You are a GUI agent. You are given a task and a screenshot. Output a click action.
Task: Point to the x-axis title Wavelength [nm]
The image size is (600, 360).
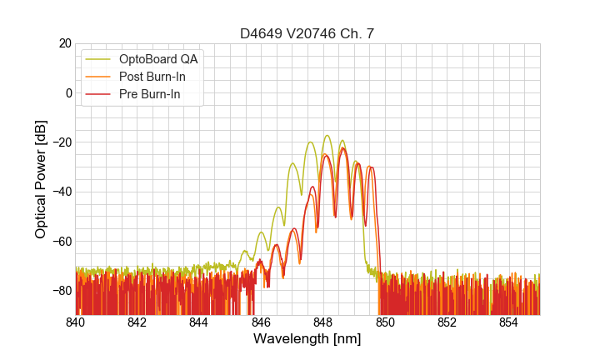tap(307, 339)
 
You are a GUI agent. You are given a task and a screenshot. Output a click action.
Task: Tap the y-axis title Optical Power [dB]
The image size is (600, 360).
tap(41, 178)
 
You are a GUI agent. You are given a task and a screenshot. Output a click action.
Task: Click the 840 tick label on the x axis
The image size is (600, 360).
tap(76, 322)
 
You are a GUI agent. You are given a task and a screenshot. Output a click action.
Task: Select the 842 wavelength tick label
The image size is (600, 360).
tap(137, 322)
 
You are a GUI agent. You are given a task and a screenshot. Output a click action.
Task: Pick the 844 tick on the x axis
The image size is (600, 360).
tap(199, 322)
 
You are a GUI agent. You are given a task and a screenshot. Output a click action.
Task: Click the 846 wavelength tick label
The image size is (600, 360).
tap(262, 322)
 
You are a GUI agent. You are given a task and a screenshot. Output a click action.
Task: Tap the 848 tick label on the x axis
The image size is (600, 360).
tap(323, 322)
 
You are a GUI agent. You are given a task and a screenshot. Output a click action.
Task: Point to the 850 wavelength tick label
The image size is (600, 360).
tap(385, 322)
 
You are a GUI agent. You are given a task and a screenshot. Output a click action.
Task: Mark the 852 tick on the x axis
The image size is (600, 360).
tap(447, 322)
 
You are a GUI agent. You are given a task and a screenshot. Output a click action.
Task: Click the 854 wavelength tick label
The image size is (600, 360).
tap(509, 322)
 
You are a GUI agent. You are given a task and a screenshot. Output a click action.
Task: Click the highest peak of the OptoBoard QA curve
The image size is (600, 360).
tap(327, 135)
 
